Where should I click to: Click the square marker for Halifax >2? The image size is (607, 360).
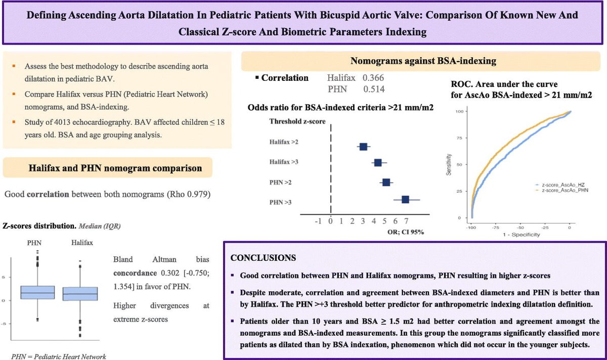pos(363,147)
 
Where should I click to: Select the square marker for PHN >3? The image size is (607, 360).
pos(405,200)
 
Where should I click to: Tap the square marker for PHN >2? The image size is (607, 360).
pos(386,183)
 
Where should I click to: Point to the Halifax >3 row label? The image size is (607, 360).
pos(284,162)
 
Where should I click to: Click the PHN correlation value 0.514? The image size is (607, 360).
pos(374,89)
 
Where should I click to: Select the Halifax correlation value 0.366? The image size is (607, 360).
pos(373,78)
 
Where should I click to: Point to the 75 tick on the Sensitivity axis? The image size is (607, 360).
pos(459,138)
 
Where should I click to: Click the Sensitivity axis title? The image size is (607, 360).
pos(449,164)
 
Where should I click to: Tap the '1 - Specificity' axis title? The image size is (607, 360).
pos(522,235)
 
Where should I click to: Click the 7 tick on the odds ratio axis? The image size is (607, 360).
pos(406,221)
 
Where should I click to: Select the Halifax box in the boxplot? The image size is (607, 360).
pos(80,294)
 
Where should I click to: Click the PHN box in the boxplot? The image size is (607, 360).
pos(37,292)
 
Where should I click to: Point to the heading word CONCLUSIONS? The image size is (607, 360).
pos(263,257)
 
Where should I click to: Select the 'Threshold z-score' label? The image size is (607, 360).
pos(297,121)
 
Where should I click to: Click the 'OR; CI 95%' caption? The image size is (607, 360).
pos(406,232)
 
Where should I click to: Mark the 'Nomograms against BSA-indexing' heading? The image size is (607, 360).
pos(423,61)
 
